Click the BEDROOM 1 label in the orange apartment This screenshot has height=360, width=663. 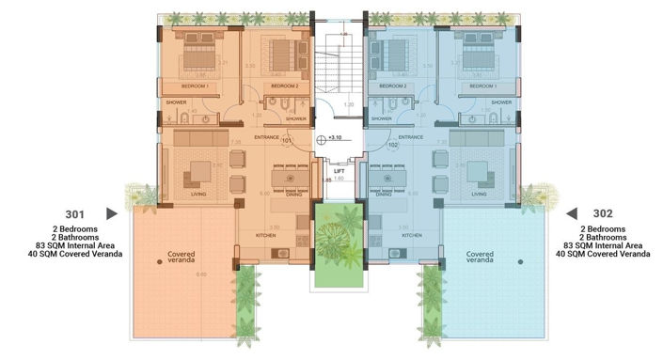[x=195, y=86]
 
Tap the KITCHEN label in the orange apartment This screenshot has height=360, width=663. [x=266, y=235]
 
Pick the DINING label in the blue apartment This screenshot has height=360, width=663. [x=383, y=195]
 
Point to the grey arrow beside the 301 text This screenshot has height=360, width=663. [x=112, y=213]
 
